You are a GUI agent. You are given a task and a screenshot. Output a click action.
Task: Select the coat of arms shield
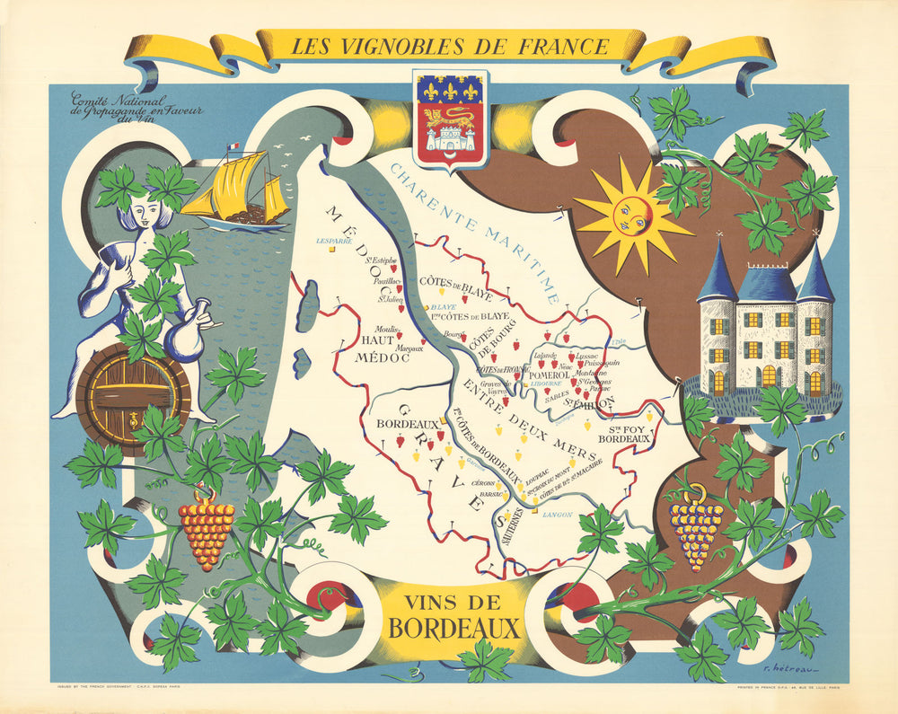tap(448, 118)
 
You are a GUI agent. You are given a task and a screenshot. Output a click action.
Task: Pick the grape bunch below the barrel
tap(207, 530)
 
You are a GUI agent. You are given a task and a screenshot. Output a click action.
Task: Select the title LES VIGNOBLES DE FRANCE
tap(449, 44)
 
